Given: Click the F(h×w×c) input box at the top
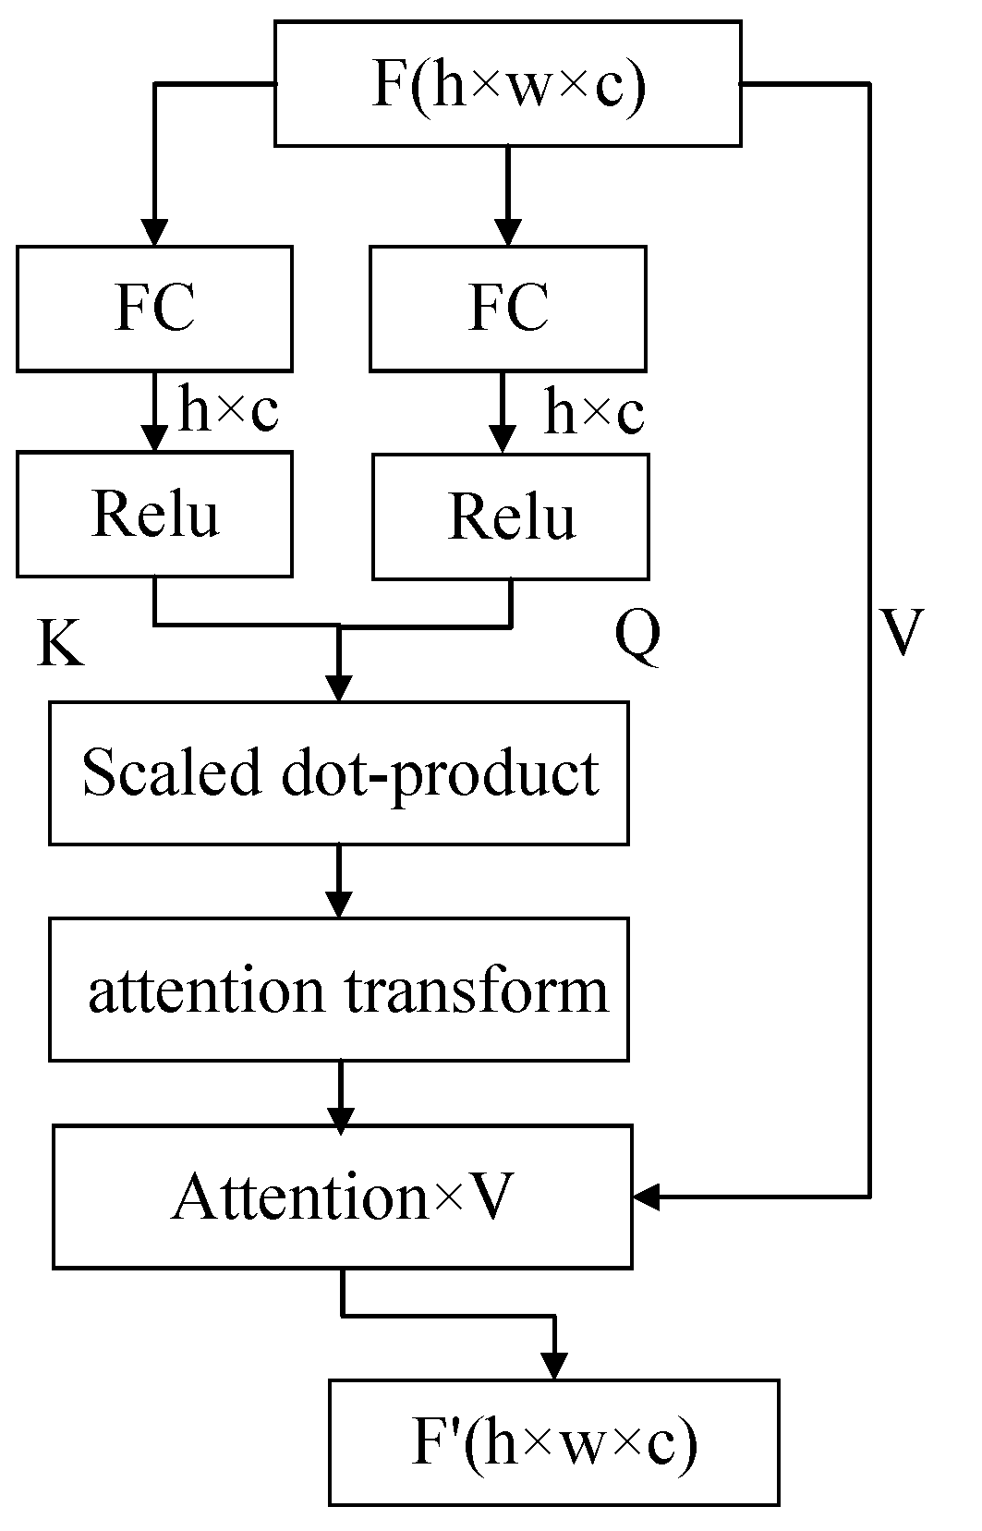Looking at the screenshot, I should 507,84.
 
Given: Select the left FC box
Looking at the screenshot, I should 154,309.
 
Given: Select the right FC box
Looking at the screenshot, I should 507,309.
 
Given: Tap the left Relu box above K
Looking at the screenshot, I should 154,514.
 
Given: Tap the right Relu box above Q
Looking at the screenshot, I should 510,516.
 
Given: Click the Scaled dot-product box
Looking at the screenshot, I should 339,772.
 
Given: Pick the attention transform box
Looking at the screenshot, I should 339,989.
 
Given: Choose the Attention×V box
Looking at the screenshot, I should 342,1197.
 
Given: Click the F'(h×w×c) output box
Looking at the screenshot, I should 553,1442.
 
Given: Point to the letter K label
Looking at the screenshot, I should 60,643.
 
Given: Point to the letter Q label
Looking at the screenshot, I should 637,636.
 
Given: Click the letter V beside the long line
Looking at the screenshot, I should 900,633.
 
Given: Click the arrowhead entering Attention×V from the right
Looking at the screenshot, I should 646,1197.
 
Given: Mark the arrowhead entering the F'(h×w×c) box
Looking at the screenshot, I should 553,1366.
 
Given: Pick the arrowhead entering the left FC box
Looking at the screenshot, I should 154,232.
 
